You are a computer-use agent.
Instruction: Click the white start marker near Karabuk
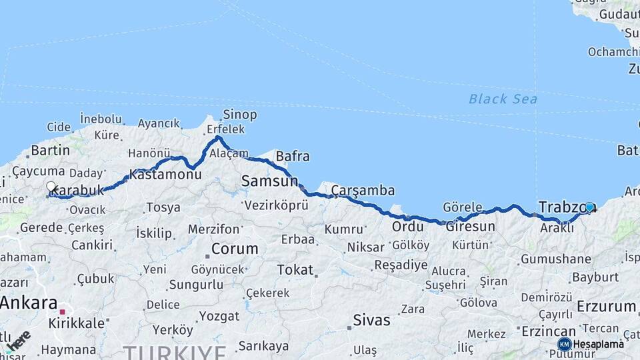click(51, 187)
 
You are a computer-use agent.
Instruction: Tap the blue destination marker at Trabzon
click(589, 207)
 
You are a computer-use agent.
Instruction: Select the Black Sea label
click(503, 99)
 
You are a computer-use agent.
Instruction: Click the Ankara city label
click(29, 303)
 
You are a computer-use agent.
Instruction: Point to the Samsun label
click(269, 181)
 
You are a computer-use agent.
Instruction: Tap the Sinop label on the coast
click(240, 115)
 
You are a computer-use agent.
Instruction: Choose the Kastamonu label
click(165, 174)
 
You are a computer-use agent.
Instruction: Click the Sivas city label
click(371, 320)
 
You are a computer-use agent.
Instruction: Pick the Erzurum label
click(606, 306)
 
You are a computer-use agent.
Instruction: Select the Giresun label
click(471, 227)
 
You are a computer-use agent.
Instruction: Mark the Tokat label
click(295, 270)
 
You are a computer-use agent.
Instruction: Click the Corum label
click(235, 249)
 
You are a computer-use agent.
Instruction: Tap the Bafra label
click(293, 157)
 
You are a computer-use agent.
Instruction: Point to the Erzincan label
click(549, 331)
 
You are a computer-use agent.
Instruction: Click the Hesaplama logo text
click(598, 344)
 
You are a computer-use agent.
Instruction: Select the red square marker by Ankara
click(63, 311)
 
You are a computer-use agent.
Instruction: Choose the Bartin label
click(51, 150)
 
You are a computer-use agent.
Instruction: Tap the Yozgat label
click(220, 315)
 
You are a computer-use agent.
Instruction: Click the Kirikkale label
click(77, 323)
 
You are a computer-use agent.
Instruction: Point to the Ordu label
click(407, 227)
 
